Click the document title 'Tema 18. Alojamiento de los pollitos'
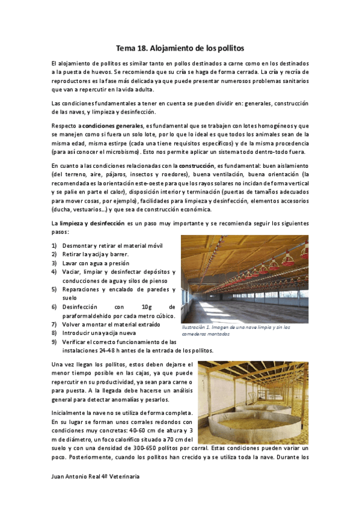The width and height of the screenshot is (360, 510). point(180,47)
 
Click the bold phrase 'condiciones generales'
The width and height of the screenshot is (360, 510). point(112,125)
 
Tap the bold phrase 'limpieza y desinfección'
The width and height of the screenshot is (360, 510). point(90,223)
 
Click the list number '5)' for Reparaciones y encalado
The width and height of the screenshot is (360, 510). point(54,289)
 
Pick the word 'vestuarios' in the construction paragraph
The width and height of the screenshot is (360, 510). point(87,209)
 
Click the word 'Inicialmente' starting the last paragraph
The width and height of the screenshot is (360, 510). point(70,412)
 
